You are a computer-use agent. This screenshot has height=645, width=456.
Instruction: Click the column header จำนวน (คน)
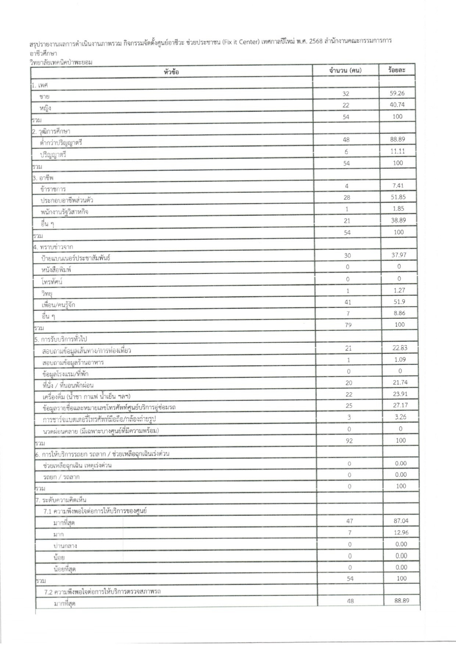[345, 70]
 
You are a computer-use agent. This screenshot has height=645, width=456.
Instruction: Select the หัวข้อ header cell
[171, 72]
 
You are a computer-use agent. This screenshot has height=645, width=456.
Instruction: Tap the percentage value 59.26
[397, 93]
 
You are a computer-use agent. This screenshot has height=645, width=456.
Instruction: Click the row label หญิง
[45, 108]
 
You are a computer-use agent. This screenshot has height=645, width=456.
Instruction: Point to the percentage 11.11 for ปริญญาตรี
[398, 151]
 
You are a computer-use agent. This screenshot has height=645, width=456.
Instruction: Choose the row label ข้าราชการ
[53, 189]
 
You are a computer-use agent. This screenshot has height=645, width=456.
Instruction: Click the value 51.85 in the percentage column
[398, 197]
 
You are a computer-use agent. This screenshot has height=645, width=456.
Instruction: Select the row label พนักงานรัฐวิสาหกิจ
[65, 212]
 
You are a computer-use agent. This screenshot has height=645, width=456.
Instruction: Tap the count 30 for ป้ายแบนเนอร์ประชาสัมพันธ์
[347, 256]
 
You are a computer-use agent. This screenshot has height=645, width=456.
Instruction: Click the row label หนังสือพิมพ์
[56, 270]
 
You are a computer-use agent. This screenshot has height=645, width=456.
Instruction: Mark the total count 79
[348, 325]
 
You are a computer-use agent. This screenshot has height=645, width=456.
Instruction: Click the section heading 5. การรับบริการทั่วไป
[61, 339]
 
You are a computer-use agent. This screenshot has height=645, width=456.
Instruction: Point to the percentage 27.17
[400, 405]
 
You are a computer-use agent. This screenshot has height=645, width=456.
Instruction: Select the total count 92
[349, 441]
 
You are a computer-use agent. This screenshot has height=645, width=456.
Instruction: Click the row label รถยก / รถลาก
[61, 477]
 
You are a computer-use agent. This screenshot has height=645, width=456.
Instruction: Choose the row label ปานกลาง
[65, 546]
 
